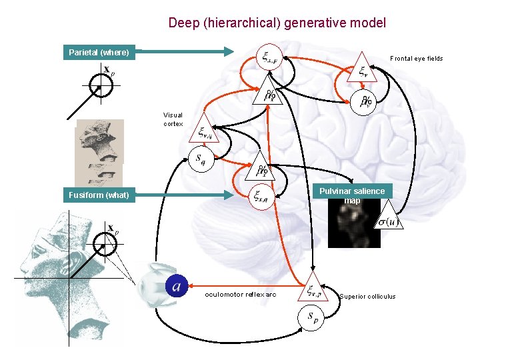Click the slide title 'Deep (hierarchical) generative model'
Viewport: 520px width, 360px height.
click(277, 23)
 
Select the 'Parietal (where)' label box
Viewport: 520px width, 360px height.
click(99, 52)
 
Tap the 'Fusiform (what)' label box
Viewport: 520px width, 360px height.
click(99, 195)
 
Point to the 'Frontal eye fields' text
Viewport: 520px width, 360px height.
click(416, 59)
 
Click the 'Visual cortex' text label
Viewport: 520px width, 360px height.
click(173, 119)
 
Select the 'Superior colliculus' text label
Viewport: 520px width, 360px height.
click(367, 297)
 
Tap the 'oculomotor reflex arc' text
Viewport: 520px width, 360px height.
click(240, 294)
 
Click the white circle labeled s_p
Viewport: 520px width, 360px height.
click(312, 319)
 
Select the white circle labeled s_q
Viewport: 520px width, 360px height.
click(200, 159)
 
